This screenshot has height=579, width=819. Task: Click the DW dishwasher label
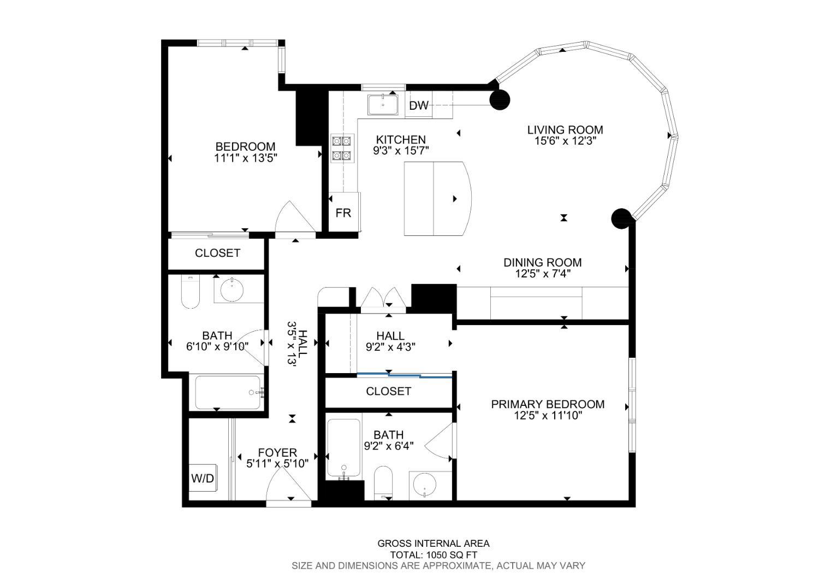click(419, 106)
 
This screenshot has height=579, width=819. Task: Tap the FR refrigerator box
click(343, 212)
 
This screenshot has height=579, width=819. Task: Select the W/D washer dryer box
click(203, 478)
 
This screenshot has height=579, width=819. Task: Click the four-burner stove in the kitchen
click(342, 149)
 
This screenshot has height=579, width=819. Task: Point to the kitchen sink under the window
click(383, 104)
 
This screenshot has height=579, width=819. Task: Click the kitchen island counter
click(436, 199)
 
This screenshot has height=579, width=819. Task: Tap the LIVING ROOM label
click(565, 130)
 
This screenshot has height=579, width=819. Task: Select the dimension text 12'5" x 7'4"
click(543, 274)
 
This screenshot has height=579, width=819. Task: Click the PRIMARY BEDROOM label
click(548, 404)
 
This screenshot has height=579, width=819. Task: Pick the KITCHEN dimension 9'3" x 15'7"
click(401, 151)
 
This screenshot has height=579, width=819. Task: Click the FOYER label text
click(277, 452)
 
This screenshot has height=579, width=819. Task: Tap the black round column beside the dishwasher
click(500, 100)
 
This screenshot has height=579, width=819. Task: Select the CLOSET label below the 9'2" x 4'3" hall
click(388, 391)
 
